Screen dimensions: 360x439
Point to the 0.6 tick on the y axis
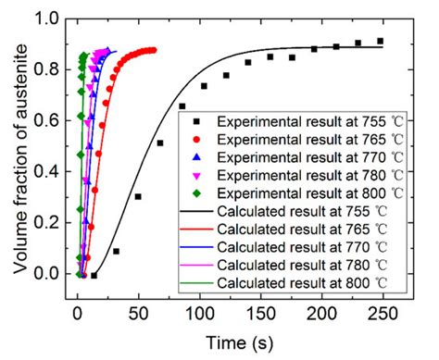coord(66,120)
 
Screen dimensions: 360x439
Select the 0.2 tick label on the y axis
coord(47,222)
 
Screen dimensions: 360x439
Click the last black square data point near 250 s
coord(381,41)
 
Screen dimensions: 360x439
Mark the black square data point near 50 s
coord(138,196)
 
